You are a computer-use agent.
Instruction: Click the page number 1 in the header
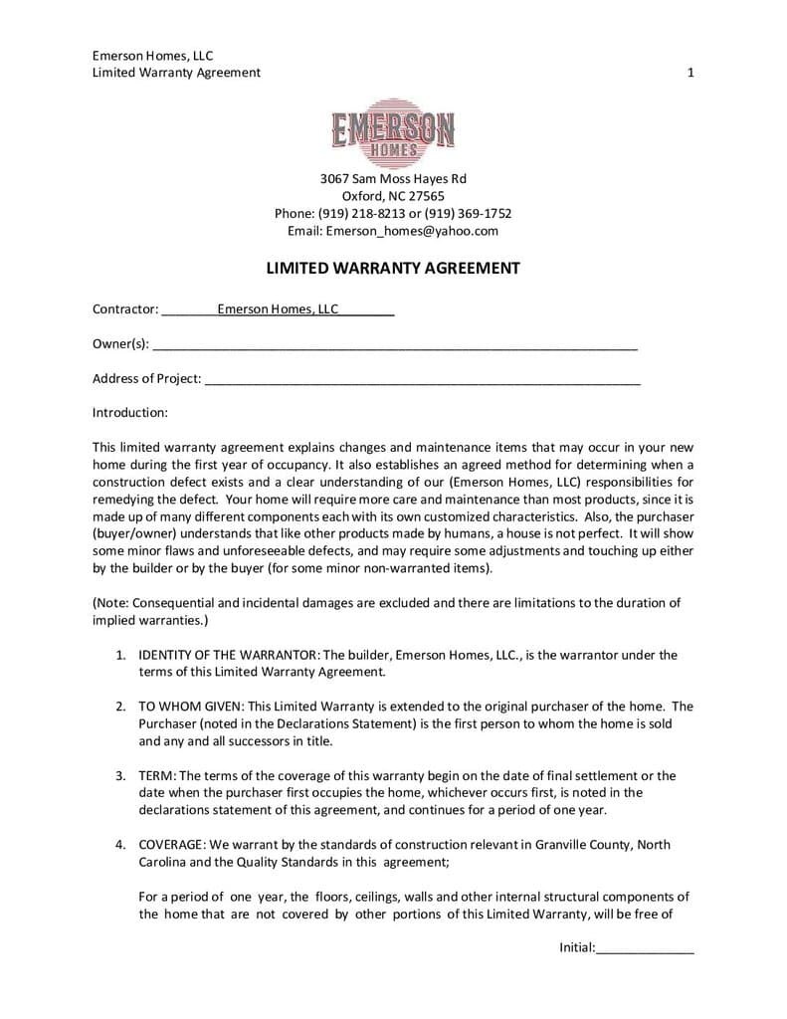pyautogui.click(x=690, y=72)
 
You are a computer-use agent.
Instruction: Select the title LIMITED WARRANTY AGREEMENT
pyautogui.click(x=393, y=268)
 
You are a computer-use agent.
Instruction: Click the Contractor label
pyautogui.click(x=125, y=309)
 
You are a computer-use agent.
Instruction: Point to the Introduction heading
pyautogui.click(x=130, y=412)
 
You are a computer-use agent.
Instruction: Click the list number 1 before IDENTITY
pyautogui.click(x=118, y=655)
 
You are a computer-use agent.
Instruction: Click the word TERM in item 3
pyautogui.click(x=155, y=776)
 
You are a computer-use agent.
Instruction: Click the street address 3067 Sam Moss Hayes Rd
pyautogui.click(x=393, y=179)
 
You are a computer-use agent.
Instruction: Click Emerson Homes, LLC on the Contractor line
pyautogui.click(x=279, y=309)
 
